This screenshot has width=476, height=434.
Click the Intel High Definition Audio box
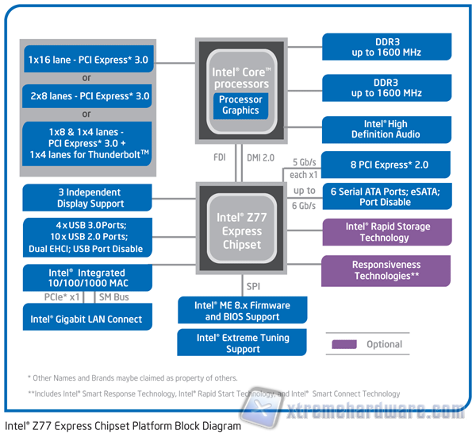point(386,130)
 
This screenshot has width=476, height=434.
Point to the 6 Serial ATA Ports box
point(386,196)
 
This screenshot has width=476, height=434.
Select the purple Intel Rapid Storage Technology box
point(386,232)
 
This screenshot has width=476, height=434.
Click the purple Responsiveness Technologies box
point(386,270)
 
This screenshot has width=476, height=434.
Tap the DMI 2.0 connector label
point(261,157)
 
